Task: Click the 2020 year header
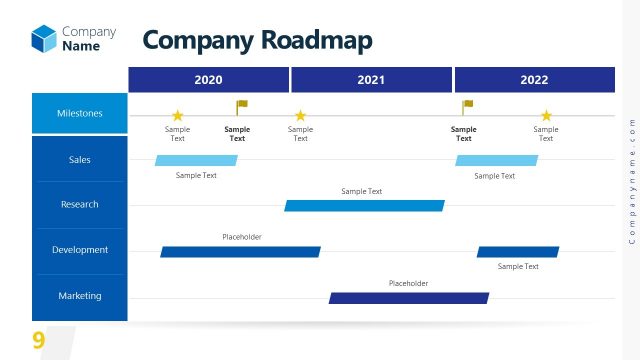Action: point(208,80)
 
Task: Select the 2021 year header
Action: point(371,80)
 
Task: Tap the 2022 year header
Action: point(534,80)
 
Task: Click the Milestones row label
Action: point(80,113)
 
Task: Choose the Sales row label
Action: point(80,159)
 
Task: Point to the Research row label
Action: point(80,204)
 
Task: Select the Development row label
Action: point(80,250)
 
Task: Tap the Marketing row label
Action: point(80,296)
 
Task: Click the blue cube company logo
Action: point(44,38)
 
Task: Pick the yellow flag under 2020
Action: point(241,106)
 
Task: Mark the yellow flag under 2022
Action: point(467,106)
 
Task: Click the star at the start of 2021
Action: point(300,116)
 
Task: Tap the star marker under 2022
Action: point(546,116)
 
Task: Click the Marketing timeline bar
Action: point(409,298)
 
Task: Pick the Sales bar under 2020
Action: point(196,160)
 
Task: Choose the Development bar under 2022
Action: point(518,252)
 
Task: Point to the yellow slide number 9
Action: point(38,340)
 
